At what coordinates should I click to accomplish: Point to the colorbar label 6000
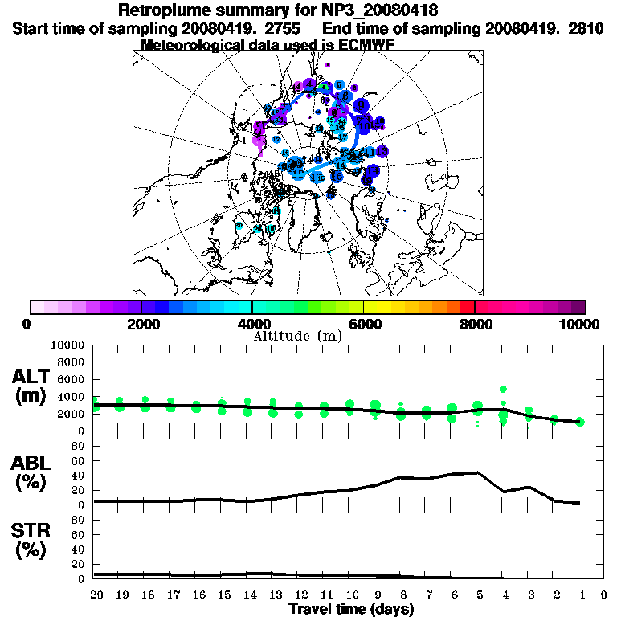pos(364,325)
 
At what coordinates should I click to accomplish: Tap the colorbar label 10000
pos(579,325)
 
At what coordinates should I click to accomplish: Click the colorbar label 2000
pos(141,325)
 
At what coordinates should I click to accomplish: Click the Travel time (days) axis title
pos(351,610)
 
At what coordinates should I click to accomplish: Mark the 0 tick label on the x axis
pos(604,595)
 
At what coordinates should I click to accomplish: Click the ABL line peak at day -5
pos(478,472)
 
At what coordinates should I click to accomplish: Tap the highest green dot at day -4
pos(503,390)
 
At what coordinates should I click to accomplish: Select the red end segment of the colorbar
pos(467,307)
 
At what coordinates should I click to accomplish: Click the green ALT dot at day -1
pos(579,422)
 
